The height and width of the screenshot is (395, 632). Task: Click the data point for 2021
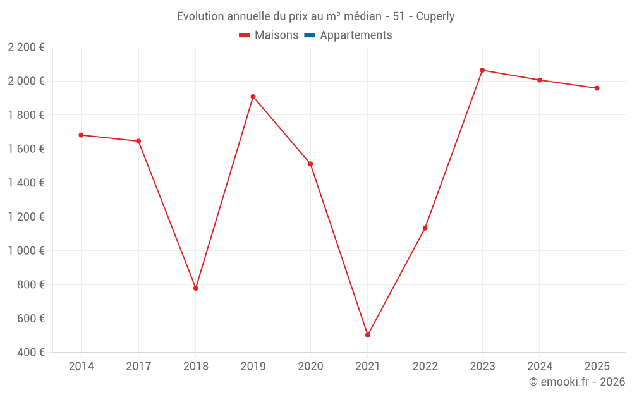click(x=368, y=335)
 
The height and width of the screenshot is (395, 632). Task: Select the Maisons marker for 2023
click(x=482, y=70)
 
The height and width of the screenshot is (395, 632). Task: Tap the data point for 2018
click(x=196, y=288)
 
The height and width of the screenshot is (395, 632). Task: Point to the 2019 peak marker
click(x=253, y=97)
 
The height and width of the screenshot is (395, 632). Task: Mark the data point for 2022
click(x=425, y=228)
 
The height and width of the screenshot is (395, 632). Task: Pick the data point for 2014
click(x=81, y=135)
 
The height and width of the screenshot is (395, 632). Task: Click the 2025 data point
click(x=597, y=88)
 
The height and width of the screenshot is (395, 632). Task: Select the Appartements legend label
click(x=356, y=35)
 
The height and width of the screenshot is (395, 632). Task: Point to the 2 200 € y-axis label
click(x=26, y=47)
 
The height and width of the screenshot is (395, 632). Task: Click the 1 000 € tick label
click(x=26, y=251)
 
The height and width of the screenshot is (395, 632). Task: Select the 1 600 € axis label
click(x=26, y=149)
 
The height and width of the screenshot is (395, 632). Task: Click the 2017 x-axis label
click(x=138, y=366)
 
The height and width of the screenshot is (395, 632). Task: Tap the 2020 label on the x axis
click(x=310, y=366)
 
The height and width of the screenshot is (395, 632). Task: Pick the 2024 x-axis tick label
click(x=539, y=366)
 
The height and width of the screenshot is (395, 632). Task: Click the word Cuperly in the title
click(x=435, y=16)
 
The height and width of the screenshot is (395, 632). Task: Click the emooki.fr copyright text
click(x=576, y=382)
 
